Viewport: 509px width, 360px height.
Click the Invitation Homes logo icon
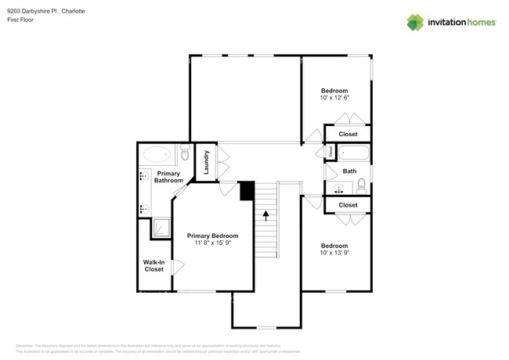[416, 21]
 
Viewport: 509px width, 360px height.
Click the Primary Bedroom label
[212, 236]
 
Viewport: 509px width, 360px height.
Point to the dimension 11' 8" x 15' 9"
[212, 243]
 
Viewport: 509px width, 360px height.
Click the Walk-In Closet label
[153, 265]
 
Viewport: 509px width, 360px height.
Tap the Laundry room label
[206, 161]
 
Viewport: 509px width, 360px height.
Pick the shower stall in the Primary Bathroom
[161, 227]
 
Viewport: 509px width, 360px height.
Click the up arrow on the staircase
[266, 214]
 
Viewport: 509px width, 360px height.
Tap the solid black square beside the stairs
[247, 190]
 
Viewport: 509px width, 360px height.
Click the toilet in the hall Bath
[361, 185]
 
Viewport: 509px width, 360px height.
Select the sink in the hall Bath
[341, 189]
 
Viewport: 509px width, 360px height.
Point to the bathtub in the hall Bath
[353, 152]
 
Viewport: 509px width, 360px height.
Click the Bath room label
[349, 171]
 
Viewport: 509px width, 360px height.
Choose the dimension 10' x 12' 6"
[334, 98]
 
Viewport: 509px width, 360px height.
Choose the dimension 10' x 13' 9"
[334, 252]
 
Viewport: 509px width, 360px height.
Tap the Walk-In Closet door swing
[178, 265]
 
